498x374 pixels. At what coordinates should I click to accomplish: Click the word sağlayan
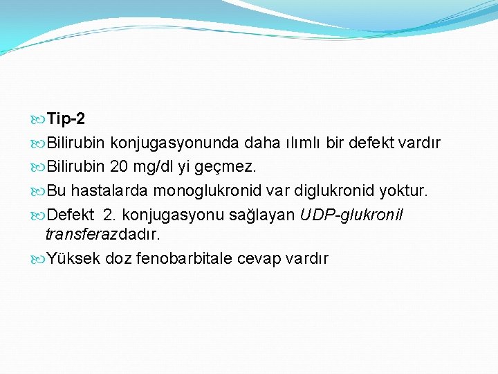tap(271, 215)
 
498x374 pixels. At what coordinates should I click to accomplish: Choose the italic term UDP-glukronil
tap(351, 215)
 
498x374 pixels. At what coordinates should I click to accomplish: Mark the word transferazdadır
tap(102, 234)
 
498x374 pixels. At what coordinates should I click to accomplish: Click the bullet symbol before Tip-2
tap(39, 120)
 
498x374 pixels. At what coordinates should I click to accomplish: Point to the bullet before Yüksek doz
tap(39, 259)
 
